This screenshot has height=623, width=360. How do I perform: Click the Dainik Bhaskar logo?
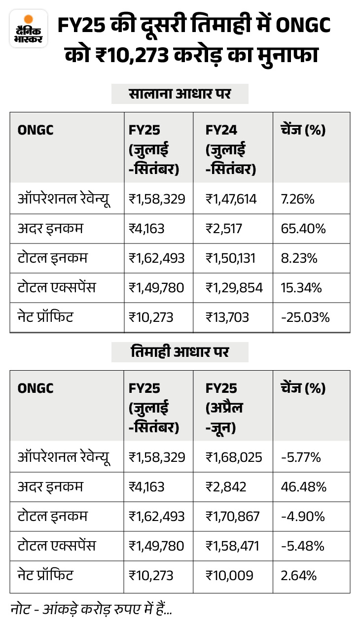29,29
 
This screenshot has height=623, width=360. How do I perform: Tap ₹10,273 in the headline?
132,55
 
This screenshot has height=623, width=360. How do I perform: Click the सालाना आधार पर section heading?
180,94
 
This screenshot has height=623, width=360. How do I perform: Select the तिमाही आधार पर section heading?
180,352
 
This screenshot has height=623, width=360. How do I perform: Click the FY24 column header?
231,149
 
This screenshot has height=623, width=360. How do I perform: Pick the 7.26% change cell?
297,199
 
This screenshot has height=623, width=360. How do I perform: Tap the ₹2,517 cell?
224,229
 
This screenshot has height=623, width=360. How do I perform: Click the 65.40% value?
303,229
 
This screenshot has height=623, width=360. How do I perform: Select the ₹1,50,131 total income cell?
230,258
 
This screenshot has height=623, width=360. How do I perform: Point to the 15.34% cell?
301,287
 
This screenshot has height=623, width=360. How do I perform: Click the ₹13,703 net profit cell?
227,317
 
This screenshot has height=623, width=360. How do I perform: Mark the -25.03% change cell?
305,317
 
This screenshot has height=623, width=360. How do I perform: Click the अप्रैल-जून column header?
224,408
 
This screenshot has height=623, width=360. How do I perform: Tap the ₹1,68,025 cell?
234,457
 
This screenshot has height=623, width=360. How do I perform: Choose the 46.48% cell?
303,487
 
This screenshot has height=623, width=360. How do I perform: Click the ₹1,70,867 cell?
232,517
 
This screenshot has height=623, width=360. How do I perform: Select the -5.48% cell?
303,546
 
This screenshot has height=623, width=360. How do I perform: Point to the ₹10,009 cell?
229,576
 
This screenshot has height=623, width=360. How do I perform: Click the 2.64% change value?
298,576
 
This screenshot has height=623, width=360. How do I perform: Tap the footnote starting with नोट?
91,609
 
